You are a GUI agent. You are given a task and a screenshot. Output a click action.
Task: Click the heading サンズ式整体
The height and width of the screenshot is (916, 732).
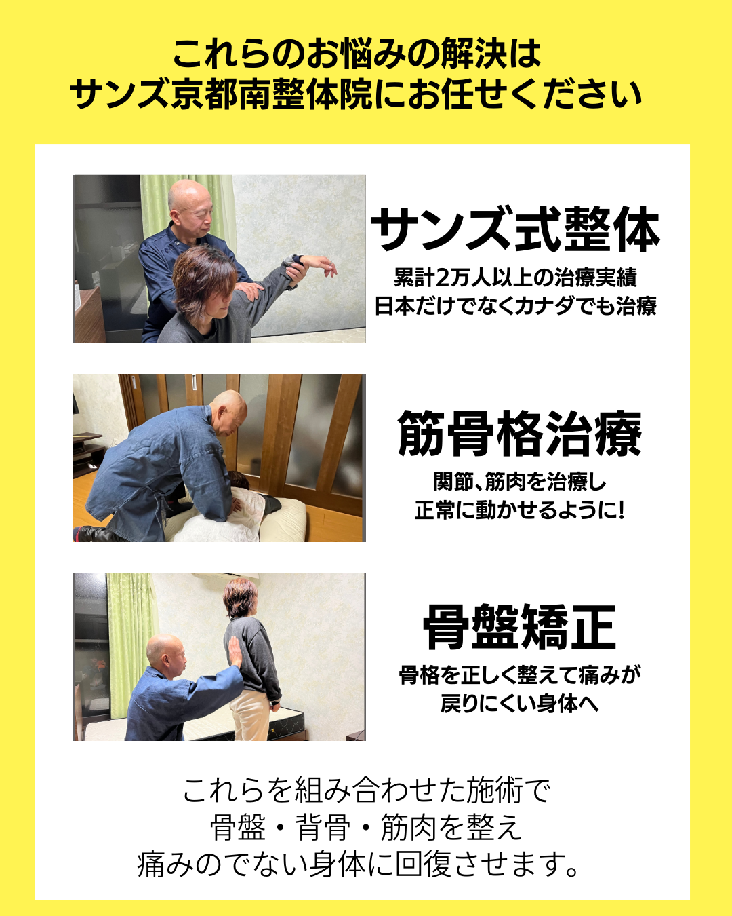(516, 229)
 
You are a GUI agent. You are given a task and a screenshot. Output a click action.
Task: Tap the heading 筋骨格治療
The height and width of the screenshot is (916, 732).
(519, 434)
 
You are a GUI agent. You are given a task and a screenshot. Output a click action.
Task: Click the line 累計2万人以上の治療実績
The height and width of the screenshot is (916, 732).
(515, 278)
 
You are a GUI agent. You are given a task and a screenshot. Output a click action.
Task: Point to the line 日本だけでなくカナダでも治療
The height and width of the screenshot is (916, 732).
(516, 306)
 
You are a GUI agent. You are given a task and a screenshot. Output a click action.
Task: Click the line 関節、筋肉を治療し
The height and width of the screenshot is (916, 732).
(519, 482)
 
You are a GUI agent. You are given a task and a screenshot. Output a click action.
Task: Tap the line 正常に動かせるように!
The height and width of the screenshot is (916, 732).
(519, 510)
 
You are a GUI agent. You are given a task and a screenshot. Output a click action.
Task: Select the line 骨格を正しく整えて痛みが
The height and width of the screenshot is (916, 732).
(519, 674)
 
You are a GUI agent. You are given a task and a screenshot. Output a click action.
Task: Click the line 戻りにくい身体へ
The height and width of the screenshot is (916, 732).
(519, 703)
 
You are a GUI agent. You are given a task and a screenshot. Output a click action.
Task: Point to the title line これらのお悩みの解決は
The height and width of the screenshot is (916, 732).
(357, 54)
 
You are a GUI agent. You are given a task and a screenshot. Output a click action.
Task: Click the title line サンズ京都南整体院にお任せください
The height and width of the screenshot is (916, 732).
(356, 94)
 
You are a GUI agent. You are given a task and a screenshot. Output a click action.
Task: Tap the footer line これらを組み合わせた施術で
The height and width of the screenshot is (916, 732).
(367, 791)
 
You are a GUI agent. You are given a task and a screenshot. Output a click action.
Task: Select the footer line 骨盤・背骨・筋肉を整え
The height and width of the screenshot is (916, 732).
(367, 828)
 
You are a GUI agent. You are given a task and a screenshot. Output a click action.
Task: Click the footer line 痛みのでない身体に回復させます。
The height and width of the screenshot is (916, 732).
(359, 864)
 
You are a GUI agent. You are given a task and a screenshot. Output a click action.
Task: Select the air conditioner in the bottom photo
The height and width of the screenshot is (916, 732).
(224, 577)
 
